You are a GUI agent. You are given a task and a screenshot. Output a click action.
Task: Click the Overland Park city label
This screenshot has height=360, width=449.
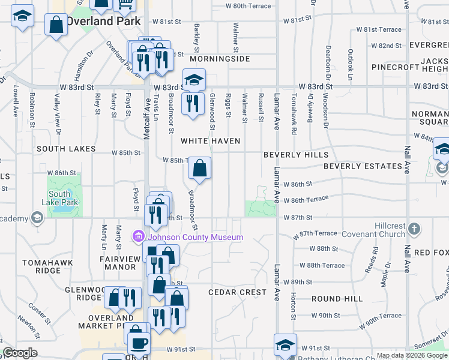pos(103,21)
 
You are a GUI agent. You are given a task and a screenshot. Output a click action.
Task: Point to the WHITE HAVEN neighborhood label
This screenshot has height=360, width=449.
pos(211,141)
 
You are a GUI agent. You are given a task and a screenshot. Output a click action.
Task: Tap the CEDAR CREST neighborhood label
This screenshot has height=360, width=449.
pos(237,292)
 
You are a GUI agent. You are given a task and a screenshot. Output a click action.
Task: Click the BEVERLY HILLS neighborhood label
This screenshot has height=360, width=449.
pos(296,154)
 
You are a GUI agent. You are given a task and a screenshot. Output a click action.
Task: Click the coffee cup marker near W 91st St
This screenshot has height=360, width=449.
pos(139,344)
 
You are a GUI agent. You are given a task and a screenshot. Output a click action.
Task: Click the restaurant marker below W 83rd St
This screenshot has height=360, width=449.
pos(193,103)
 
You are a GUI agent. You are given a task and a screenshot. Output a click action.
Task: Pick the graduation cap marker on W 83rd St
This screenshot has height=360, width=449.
pos(194,79)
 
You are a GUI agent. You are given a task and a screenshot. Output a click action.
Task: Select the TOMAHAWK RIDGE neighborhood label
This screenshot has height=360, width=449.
pos(42,266)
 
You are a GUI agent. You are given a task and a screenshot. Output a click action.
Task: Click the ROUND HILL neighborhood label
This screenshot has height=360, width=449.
pos(337,298)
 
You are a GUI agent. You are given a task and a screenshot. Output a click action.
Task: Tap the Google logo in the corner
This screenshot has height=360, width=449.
pos(19,353)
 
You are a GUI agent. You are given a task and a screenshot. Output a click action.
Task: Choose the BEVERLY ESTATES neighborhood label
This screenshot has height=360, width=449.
pos(363,166)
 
